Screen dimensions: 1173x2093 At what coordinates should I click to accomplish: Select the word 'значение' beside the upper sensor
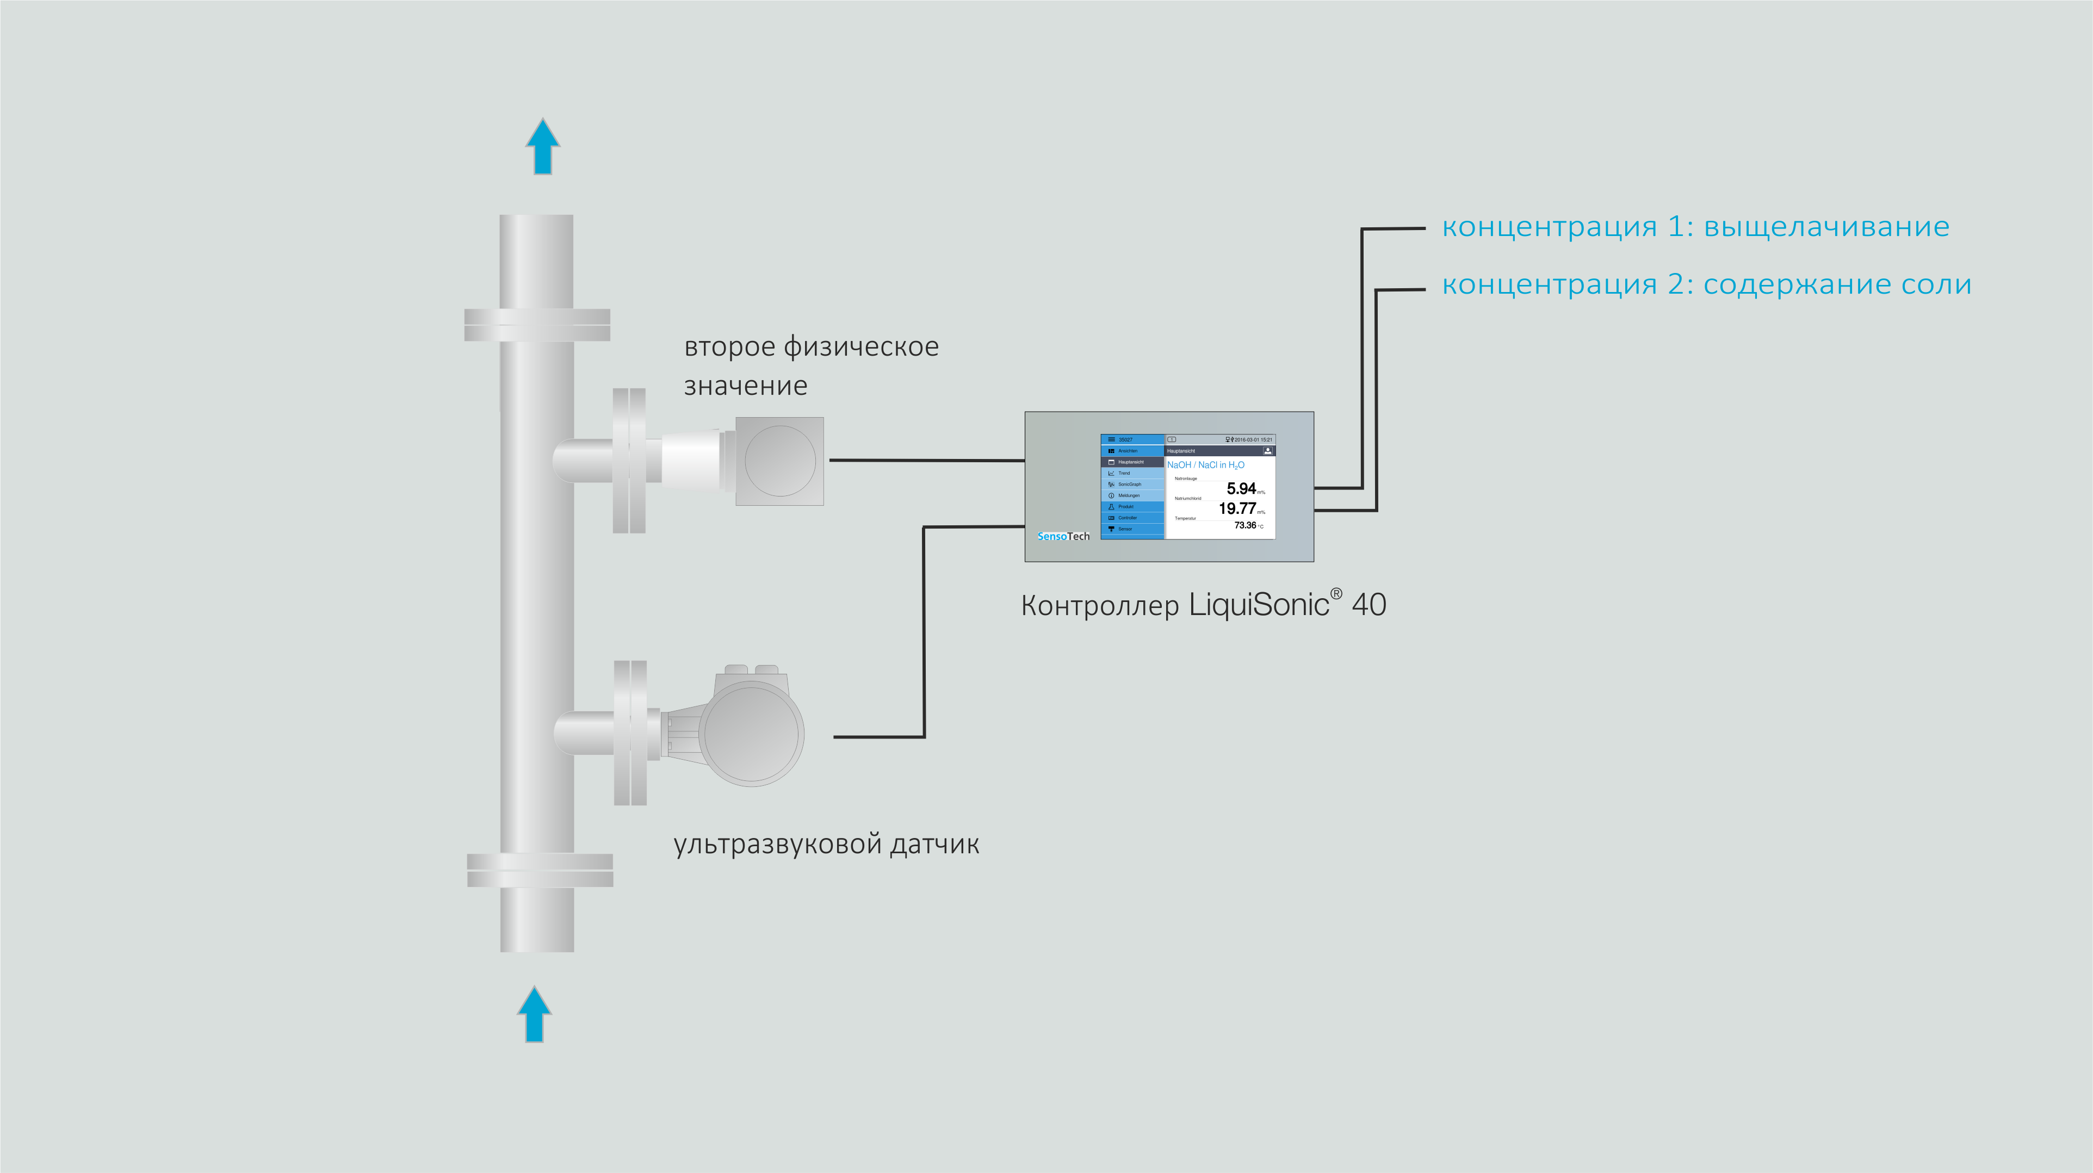coord(746,386)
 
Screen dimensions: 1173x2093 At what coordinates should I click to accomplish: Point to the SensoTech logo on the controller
coord(1063,536)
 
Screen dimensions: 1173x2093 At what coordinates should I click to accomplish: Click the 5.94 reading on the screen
coord(1241,488)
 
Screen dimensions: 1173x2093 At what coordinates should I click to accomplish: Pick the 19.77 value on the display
coord(1237,508)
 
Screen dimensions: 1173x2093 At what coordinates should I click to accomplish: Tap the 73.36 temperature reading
coord(1244,525)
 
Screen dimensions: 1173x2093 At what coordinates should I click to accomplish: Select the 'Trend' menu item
coord(1124,473)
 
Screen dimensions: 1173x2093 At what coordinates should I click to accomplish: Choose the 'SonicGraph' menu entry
coord(1129,484)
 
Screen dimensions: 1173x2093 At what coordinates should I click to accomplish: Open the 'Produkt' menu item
coord(1125,506)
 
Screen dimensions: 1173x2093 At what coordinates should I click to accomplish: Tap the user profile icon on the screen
coord(1267,451)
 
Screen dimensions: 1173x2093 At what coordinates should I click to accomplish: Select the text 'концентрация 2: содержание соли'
coord(1706,284)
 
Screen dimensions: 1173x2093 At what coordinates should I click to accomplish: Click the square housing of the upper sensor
coord(780,461)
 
